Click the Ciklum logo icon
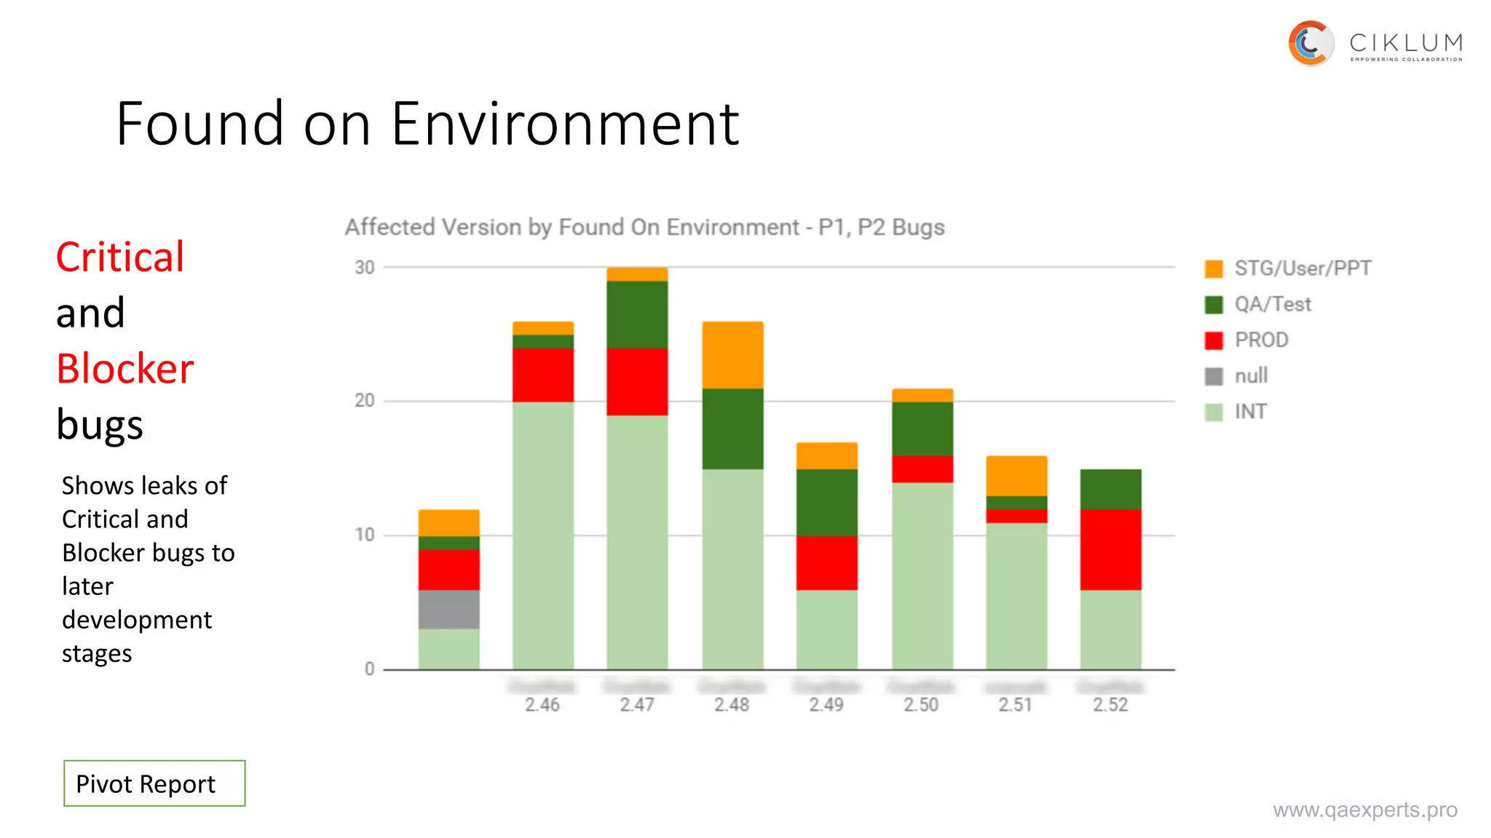(x=1310, y=43)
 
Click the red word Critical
(x=120, y=257)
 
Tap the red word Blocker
(x=125, y=369)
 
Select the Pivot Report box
(x=154, y=783)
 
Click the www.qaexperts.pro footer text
(x=1364, y=810)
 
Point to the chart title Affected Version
(x=644, y=227)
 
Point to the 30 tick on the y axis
(x=365, y=268)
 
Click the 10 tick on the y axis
(x=365, y=535)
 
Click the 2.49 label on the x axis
(x=826, y=704)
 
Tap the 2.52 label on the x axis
(x=1110, y=704)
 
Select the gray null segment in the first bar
(x=448, y=610)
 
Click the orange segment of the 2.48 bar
(x=732, y=355)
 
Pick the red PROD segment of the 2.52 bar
(x=1110, y=549)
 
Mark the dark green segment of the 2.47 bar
(x=637, y=314)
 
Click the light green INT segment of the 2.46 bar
(x=543, y=535)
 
